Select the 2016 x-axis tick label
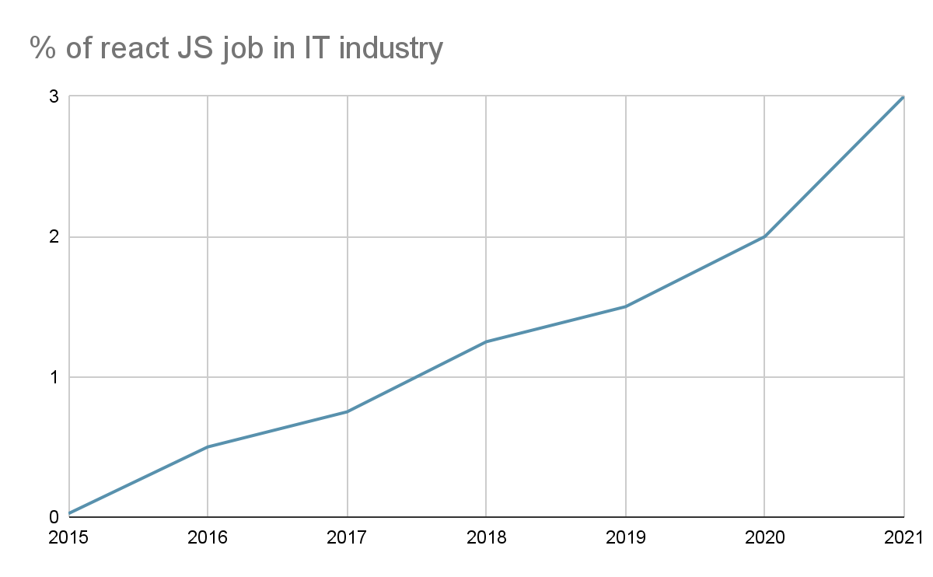pyautogui.click(x=208, y=537)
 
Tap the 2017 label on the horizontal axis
pyautogui.click(x=347, y=537)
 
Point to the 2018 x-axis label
pyautogui.click(x=486, y=537)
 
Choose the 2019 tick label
pyautogui.click(x=625, y=537)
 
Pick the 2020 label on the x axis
pyautogui.click(x=764, y=537)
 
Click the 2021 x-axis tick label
pyautogui.click(x=903, y=537)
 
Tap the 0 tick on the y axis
pyautogui.click(x=54, y=517)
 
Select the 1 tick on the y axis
pyautogui.click(x=54, y=377)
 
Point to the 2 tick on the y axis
pyautogui.click(x=54, y=236)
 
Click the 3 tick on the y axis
pyautogui.click(x=54, y=96)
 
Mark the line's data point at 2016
pyautogui.click(x=208, y=447)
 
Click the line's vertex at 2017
pyautogui.click(x=347, y=411)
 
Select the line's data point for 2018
pyautogui.click(x=486, y=341)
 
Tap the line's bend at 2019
pyautogui.click(x=625, y=306)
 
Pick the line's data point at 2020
pyautogui.click(x=764, y=236)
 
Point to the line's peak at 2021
pyautogui.click(x=903, y=97)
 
